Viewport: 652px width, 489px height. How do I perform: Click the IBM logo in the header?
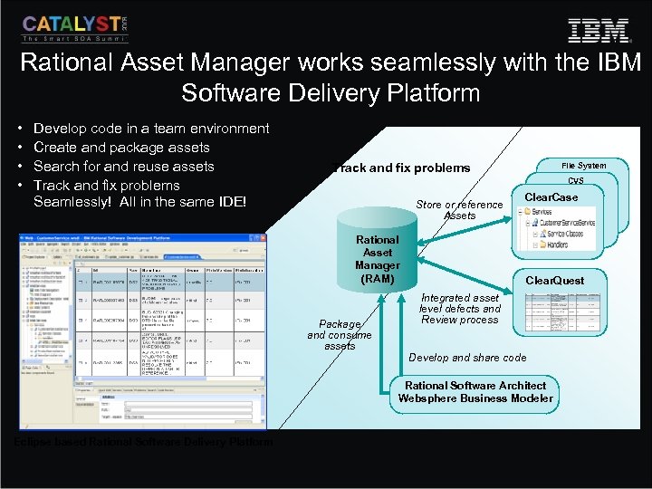[599, 30]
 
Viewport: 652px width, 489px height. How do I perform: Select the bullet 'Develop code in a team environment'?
[150, 129]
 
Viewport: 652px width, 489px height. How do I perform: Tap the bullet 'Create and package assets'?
[121, 148]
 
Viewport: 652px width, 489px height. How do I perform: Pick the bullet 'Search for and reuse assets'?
[123, 166]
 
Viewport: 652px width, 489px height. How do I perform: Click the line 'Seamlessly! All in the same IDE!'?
[139, 201]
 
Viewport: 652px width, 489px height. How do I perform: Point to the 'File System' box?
[583, 166]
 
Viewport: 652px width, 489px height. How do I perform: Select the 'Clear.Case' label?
[551, 197]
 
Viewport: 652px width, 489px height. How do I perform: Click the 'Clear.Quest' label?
[555, 281]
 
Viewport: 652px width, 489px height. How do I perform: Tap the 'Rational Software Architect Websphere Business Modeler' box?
[475, 391]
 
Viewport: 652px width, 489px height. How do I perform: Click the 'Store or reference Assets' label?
[459, 210]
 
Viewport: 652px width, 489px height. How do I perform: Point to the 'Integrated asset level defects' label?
[460, 308]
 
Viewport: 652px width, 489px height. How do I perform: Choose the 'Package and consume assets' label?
[340, 334]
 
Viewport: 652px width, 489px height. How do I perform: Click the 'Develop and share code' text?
[467, 358]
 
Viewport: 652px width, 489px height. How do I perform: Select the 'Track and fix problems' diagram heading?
[401, 168]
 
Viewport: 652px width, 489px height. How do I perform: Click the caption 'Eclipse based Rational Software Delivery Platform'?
[143, 442]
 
